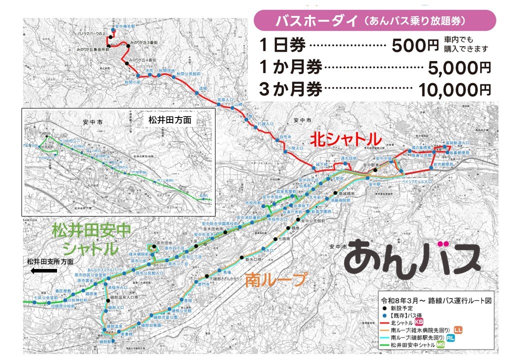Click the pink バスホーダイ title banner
pos(374,21)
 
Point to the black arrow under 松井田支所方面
pos(43,271)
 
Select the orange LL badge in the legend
pos(458,329)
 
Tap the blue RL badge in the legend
pos(451,337)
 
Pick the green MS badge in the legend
pos(440,345)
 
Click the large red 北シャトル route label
pos(345,139)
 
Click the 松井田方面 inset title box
pos(170,120)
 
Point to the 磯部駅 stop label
pos(105,341)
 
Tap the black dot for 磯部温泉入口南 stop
pos(107,300)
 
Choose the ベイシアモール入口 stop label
pos(414,182)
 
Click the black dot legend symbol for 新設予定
pos(383,308)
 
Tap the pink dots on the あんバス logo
pos(442,244)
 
